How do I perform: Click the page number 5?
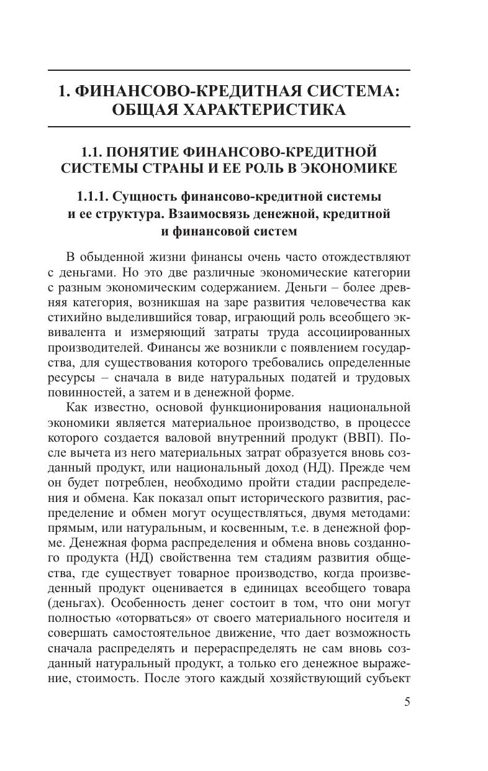click(407, 703)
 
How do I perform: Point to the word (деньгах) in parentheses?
click(76, 603)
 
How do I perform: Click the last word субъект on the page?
click(384, 678)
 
